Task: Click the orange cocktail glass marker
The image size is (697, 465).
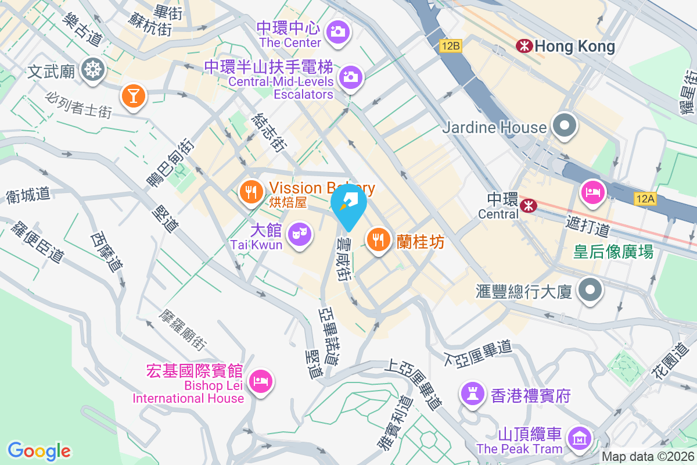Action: (134, 95)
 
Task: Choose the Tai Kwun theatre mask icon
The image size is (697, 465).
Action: (299, 234)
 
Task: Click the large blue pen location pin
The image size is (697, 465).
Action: (350, 205)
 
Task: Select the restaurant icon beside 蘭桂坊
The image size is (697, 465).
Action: (378, 238)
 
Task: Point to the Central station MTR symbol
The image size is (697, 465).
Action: (528, 205)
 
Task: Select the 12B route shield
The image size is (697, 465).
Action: (450, 46)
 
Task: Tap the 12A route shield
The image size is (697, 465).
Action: (645, 199)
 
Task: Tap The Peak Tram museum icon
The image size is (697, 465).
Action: (579, 439)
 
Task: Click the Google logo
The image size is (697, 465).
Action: (39, 450)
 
